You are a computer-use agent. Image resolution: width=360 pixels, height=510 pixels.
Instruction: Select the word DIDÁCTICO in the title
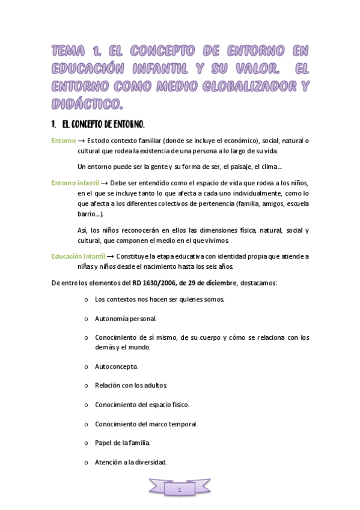coord(87,104)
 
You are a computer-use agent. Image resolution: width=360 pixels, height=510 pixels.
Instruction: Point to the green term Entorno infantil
coord(75,183)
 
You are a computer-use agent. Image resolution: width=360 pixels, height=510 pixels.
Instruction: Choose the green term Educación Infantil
coord(78,256)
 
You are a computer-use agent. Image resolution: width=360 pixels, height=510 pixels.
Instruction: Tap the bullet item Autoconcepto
coord(117,366)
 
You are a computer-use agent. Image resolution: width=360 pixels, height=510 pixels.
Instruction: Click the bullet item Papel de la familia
coord(123,443)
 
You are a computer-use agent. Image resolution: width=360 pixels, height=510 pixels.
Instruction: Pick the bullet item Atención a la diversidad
coord(130,462)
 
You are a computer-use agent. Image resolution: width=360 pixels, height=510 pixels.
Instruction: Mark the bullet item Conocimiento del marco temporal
coord(146,423)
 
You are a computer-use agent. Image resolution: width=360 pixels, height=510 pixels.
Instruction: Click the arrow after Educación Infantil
coord(110,256)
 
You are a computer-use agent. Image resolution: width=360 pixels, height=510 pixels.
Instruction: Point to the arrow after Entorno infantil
coord(104,183)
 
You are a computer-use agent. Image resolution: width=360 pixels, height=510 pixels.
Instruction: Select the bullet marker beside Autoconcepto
coord(87,366)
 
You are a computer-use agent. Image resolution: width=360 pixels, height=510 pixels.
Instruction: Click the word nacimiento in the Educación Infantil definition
coord(177,266)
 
